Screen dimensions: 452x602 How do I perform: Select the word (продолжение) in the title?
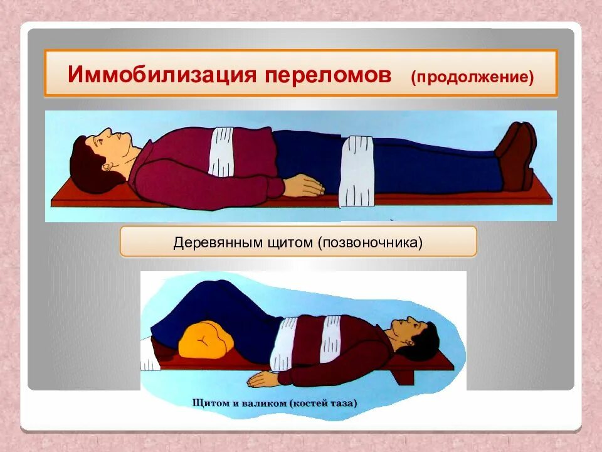472,78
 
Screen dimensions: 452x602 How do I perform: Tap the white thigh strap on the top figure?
356,169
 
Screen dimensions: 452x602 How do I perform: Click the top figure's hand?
304,186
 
